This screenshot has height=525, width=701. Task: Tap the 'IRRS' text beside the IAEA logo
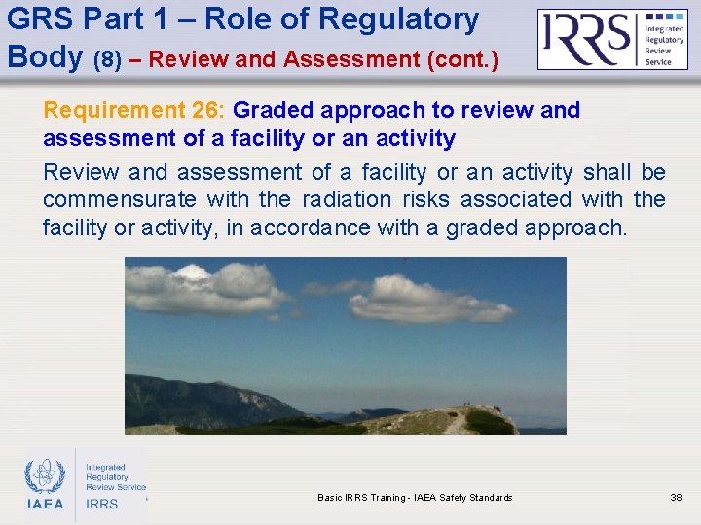point(102,504)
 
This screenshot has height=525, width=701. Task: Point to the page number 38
point(676,498)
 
